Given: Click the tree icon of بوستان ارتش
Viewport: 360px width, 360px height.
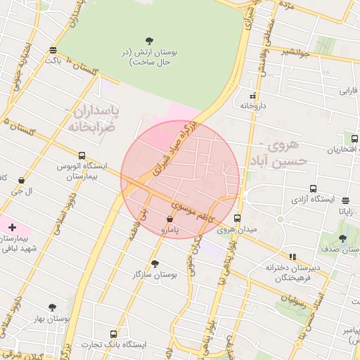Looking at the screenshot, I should pos(149,40).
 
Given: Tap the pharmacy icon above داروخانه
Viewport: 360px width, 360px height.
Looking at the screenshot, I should pos(252,96).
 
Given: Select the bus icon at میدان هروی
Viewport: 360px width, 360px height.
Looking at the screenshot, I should pos(238,218).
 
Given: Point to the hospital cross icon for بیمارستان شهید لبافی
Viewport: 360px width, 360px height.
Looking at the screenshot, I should pos(12,226).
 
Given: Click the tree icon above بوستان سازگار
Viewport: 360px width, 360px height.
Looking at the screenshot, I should pos(155,264).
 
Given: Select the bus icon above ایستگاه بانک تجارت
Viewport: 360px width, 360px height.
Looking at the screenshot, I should pos(113,333).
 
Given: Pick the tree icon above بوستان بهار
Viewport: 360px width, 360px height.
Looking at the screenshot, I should pos(52,307).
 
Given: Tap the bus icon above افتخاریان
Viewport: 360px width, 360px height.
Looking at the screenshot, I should pos(346,139).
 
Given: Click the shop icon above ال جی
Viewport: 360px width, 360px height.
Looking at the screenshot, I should pos(22,180).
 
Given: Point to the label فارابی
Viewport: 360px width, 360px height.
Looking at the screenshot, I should pos(349,91).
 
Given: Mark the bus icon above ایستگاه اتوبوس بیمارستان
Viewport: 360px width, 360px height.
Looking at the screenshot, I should pos(82,155).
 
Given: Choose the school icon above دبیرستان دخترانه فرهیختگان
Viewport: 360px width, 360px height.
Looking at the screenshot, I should pos(292,257).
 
